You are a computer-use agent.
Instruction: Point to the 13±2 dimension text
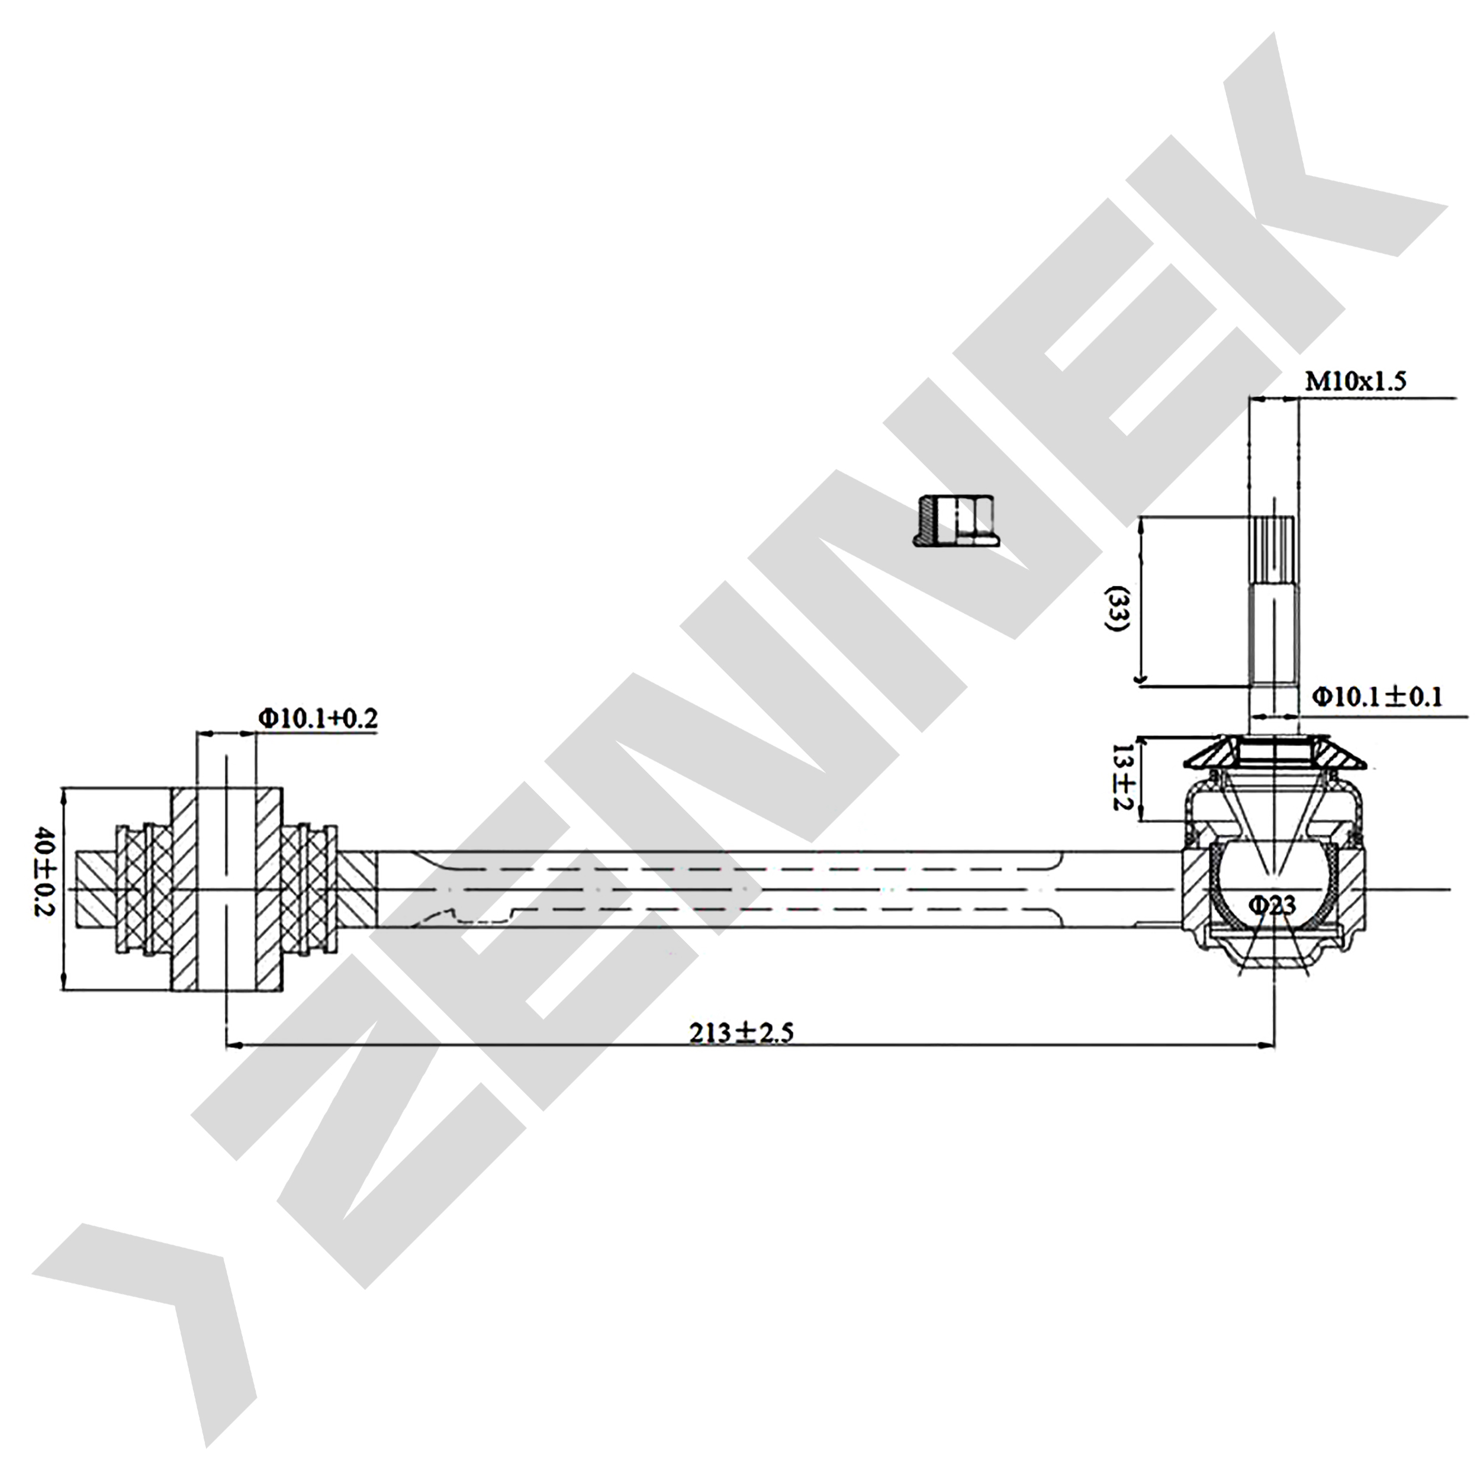1124,779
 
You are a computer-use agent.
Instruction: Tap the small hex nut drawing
957,521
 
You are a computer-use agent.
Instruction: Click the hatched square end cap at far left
96,889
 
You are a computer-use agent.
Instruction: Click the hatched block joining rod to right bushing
358,889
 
